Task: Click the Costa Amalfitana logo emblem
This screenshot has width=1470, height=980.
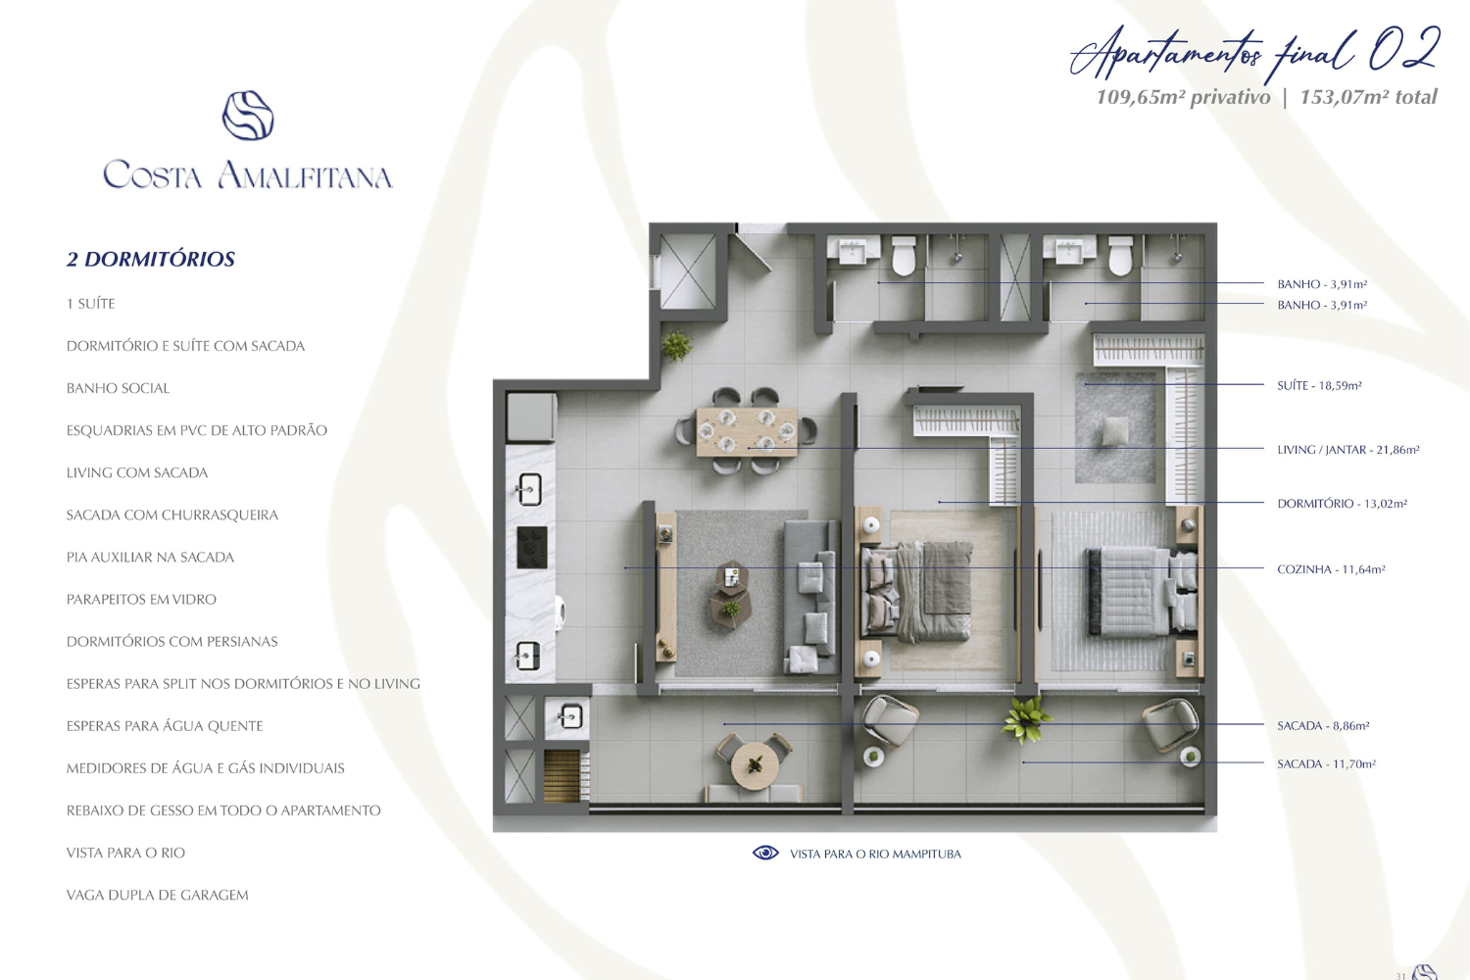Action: pos(248,116)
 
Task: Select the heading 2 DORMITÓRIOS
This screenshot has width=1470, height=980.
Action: pos(151,259)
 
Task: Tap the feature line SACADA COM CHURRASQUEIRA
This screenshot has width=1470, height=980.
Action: pos(172,514)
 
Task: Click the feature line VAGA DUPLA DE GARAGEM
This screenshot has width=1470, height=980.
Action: pos(158,895)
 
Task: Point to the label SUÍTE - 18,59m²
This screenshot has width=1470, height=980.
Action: pos(1319,385)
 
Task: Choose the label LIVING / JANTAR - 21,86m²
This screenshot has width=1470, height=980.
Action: pos(1347,450)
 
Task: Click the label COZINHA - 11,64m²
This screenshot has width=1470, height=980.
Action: pos(1331,569)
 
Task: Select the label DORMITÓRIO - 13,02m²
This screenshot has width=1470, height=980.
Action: pos(1342,504)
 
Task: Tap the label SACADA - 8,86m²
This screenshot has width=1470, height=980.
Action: pos(1323,726)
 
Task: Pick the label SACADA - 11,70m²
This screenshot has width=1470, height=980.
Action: pos(1326,763)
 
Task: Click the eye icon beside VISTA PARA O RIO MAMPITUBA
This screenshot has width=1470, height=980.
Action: pos(765,853)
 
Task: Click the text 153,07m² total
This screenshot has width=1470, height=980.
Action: pos(1368,97)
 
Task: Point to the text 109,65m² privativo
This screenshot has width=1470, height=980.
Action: pos(1183,97)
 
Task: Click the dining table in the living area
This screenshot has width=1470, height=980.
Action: pos(747,431)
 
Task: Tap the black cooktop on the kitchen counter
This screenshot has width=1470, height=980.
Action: pos(532,548)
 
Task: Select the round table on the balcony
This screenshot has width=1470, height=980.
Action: pos(755,765)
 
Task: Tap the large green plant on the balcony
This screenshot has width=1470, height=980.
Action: pos(1025,721)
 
